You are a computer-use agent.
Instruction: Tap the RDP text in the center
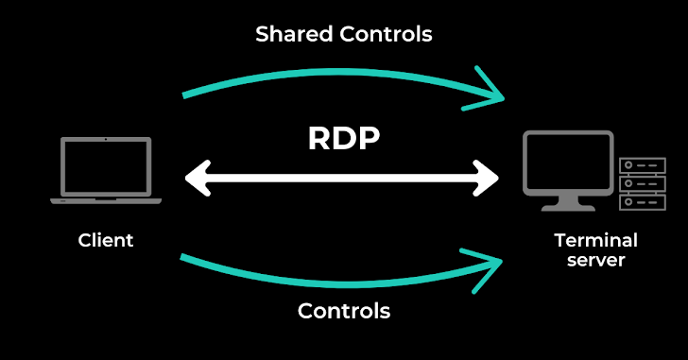click(343, 138)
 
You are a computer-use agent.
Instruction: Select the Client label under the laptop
click(106, 240)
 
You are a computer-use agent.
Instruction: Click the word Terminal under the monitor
click(595, 240)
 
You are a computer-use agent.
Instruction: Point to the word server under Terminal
click(595, 260)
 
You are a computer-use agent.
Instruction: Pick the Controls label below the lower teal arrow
click(343, 311)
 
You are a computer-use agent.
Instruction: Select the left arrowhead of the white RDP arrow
click(197, 177)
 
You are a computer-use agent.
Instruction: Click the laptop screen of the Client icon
click(106, 166)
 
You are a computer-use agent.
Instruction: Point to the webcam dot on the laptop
click(106, 140)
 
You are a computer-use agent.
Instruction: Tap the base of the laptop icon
click(106, 200)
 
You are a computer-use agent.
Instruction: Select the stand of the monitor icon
click(568, 201)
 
